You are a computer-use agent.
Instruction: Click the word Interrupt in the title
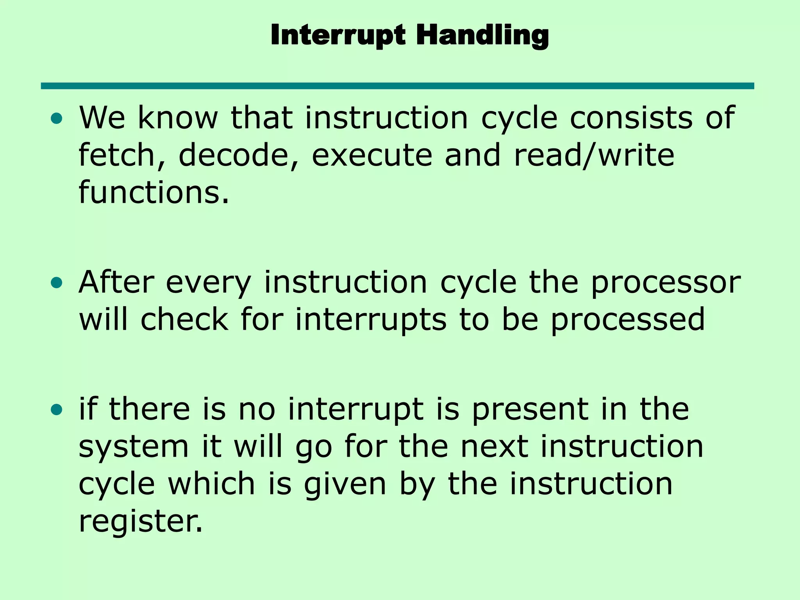(338, 35)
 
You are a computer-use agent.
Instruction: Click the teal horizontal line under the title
(397, 86)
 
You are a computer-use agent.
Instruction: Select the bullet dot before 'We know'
(57, 118)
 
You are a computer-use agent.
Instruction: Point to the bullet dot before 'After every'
(57, 283)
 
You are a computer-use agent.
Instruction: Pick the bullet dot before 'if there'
(57, 410)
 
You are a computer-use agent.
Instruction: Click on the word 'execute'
(372, 155)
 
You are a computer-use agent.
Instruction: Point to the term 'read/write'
(594, 155)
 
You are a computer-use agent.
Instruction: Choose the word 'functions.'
(154, 192)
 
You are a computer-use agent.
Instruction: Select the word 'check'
(184, 320)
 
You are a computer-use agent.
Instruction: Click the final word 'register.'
(141, 522)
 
